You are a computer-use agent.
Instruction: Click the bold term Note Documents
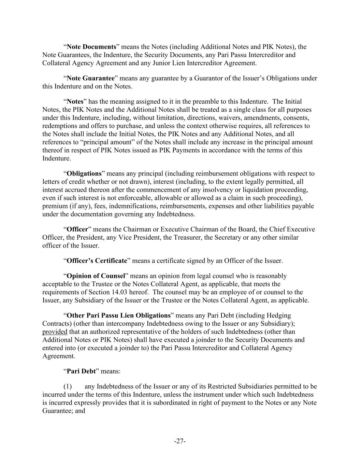coord(91,47)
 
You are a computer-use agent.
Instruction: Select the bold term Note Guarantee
coord(90,78)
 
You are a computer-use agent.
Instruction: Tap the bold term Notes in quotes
coord(75,101)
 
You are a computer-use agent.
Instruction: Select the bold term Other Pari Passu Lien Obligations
coord(118,315)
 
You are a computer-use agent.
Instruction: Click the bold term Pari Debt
coord(81,371)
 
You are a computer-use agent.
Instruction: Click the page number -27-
coord(180,441)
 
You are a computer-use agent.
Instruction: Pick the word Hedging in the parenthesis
coord(279,315)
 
